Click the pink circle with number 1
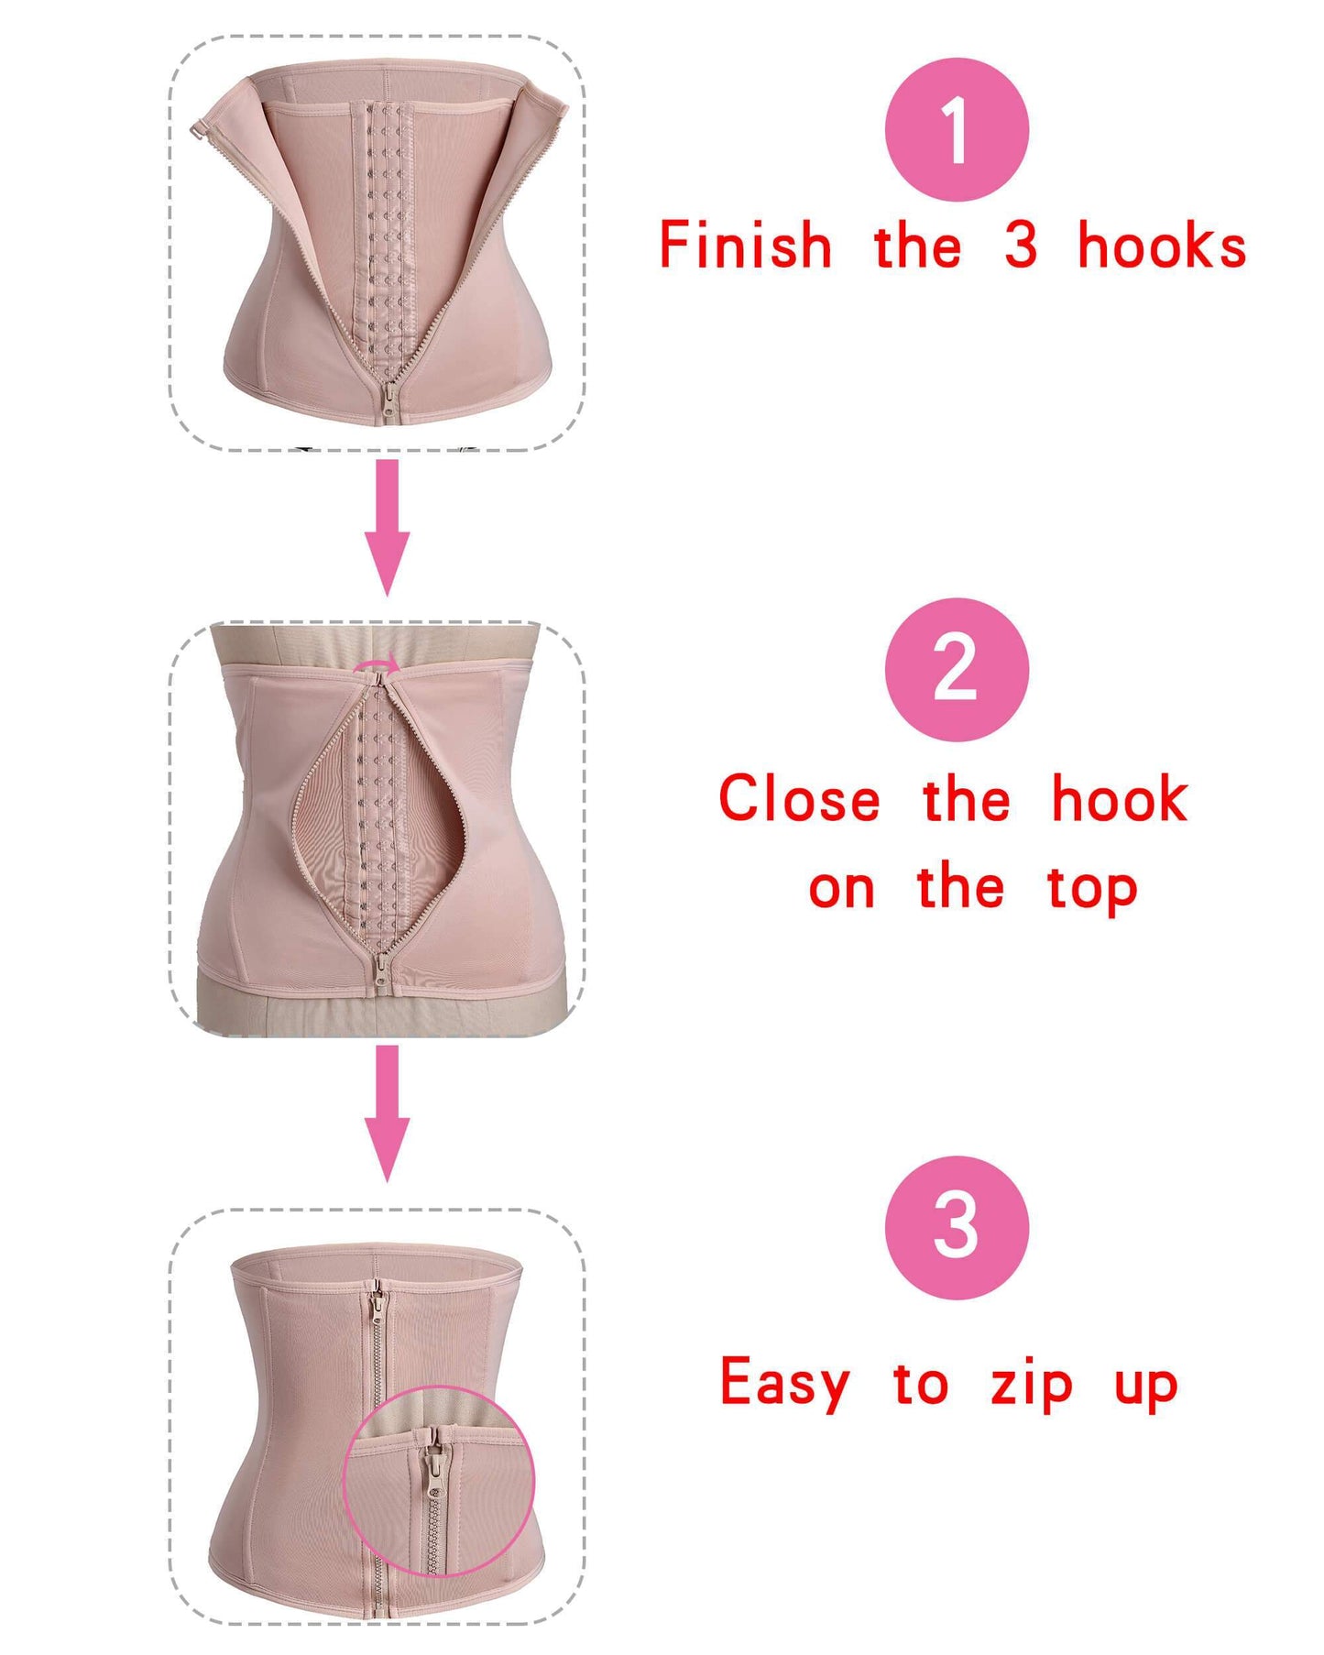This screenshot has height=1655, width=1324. [x=956, y=129]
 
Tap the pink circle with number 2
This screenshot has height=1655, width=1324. [x=956, y=669]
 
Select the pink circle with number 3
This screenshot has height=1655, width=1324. [x=956, y=1227]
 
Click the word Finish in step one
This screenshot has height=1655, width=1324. [x=745, y=246]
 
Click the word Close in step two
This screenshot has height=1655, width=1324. [x=799, y=799]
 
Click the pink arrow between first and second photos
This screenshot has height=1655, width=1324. [x=387, y=527]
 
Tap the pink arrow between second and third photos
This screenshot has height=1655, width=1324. [x=387, y=1112]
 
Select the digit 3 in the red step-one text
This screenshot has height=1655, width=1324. [x=1021, y=246]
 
